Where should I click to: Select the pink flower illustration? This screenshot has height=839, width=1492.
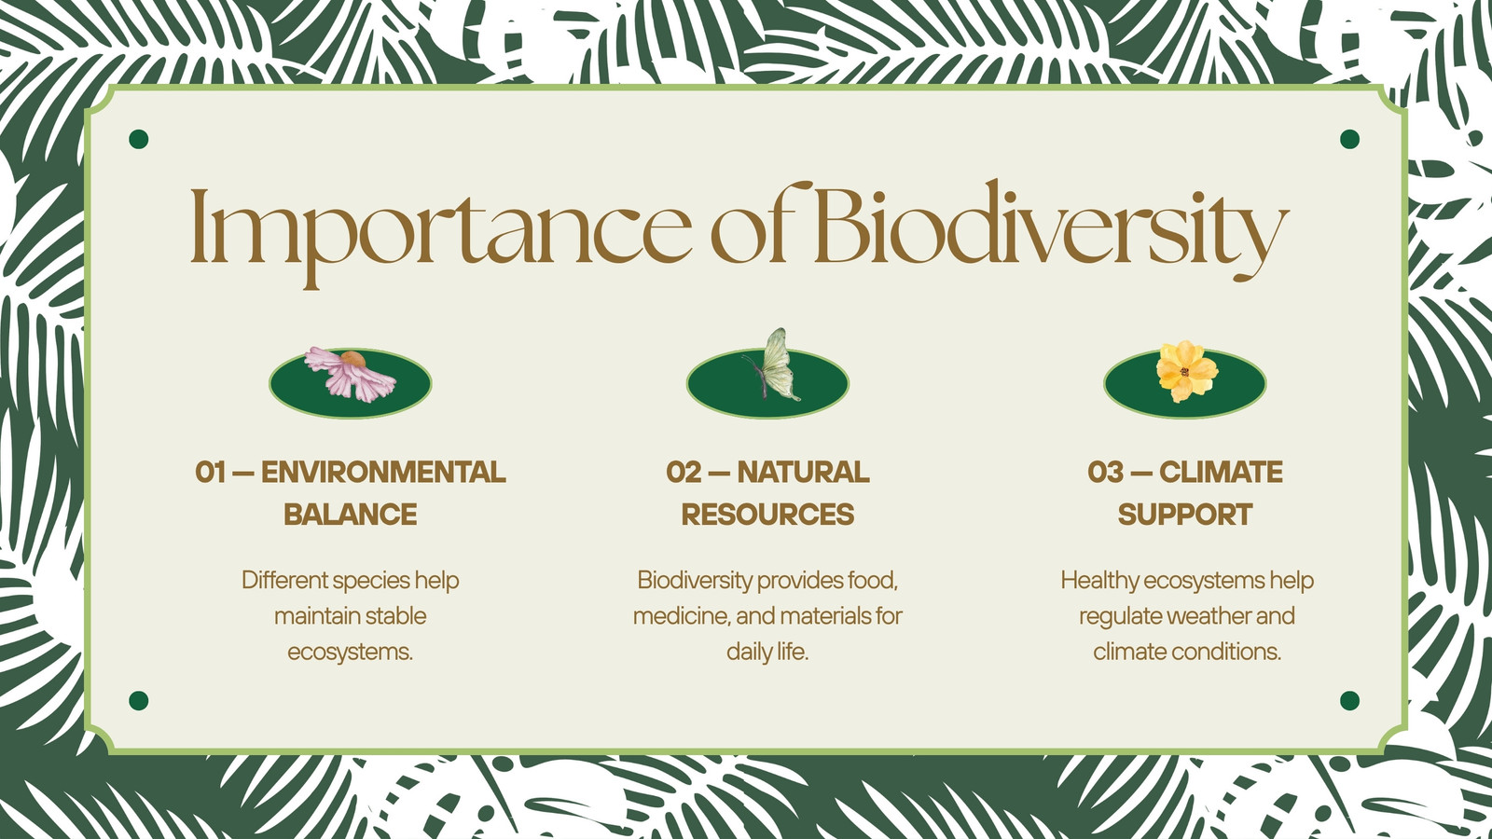tap(351, 374)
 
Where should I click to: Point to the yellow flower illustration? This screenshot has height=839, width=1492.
tap(1186, 372)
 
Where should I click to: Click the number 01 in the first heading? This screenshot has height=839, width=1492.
tap(211, 472)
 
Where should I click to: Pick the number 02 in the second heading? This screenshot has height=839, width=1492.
tap(684, 472)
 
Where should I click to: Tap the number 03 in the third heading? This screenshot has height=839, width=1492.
tap(1105, 472)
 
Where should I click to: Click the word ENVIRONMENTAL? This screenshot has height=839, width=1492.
tap(383, 472)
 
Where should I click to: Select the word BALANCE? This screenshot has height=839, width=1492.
tap(351, 515)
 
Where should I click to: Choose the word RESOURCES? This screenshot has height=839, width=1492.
tap(767, 515)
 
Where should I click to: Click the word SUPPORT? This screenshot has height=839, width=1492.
tap(1185, 515)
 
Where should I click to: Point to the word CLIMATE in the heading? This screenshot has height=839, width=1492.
tap(1221, 472)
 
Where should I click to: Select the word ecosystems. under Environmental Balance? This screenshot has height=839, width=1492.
tap(351, 652)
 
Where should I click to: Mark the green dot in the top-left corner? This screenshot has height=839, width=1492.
tap(139, 139)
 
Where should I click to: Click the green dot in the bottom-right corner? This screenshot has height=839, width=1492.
tap(1349, 700)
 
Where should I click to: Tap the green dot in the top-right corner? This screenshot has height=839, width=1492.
tap(1349, 139)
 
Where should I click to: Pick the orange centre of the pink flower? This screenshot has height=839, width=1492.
tap(353, 360)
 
